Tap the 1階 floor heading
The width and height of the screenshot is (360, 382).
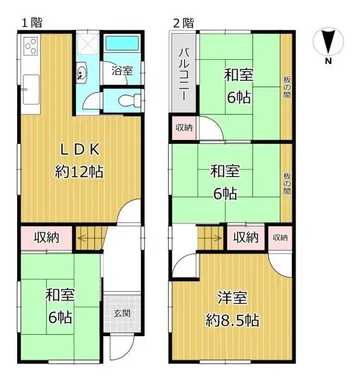[x=31, y=22]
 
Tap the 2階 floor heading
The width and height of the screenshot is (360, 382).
[x=184, y=22]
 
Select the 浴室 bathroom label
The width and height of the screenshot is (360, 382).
[x=122, y=71]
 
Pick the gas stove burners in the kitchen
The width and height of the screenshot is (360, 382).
[x=30, y=46]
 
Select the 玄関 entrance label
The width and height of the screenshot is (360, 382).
[x=122, y=313]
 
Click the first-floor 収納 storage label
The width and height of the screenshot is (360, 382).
[x=47, y=237]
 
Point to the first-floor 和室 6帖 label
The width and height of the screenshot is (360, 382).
[x=59, y=306]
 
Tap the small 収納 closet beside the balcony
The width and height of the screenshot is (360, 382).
[x=184, y=128]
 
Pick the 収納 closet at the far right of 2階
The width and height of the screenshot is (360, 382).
[x=279, y=238]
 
